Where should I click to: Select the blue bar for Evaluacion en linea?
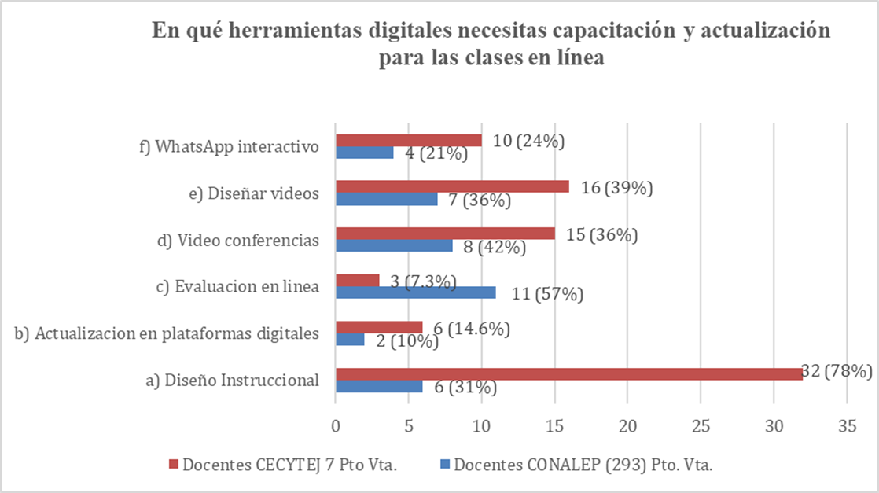(416, 292)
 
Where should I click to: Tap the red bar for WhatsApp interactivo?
(409, 140)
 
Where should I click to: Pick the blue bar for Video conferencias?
(394, 245)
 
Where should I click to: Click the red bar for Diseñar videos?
(452, 186)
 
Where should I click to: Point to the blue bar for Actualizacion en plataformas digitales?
(350, 340)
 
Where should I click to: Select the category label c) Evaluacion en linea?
(237, 287)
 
